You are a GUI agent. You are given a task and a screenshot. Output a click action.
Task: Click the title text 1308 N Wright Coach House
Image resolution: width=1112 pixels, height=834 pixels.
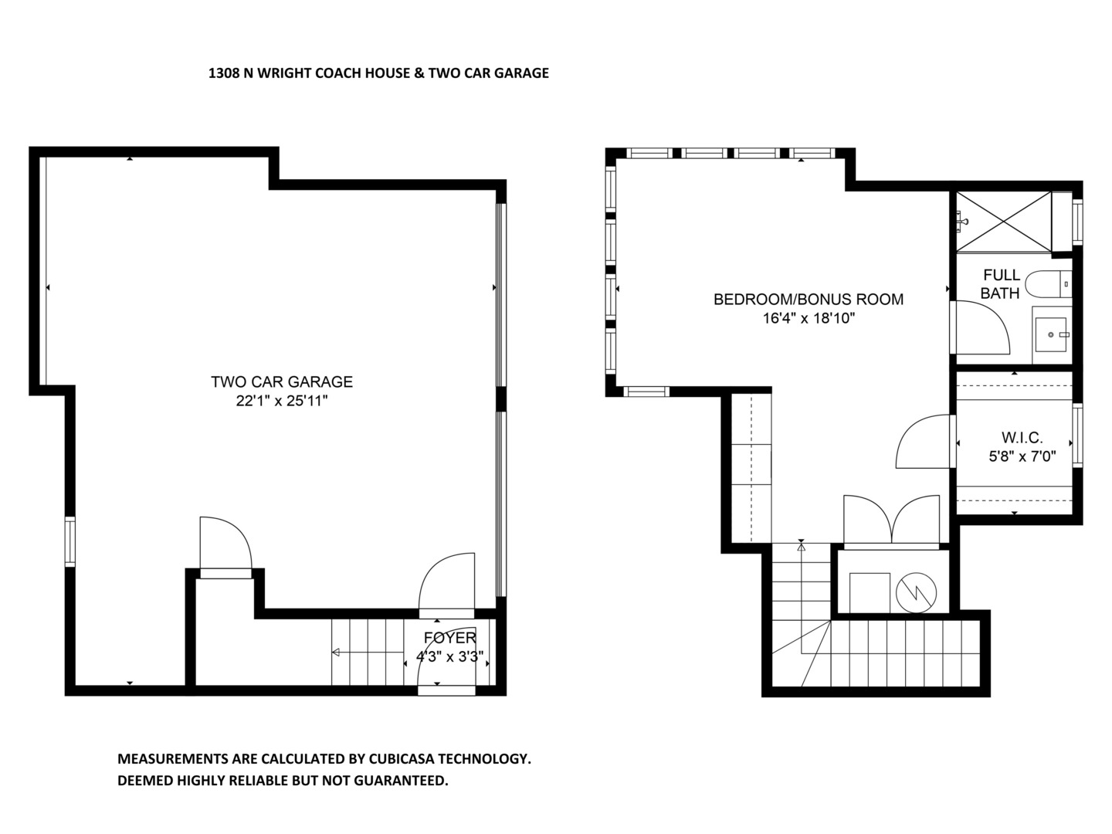(378, 73)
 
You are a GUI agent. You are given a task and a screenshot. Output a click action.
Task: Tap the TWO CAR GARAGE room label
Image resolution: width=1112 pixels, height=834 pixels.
(282, 381)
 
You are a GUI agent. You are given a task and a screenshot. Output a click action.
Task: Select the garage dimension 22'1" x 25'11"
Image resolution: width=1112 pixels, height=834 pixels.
(282, 402)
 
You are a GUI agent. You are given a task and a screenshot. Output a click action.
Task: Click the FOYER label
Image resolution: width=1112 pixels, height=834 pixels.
(450, 638)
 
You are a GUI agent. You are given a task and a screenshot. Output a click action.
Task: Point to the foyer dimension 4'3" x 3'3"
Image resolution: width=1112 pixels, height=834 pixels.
(450, 658)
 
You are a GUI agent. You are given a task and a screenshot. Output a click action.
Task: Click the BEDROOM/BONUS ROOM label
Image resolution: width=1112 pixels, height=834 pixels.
(808, 300)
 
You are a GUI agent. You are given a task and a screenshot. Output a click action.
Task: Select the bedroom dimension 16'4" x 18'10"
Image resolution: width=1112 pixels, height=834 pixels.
(808, 319)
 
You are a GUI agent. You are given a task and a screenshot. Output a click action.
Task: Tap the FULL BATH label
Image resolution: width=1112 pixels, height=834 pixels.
(1001, 284)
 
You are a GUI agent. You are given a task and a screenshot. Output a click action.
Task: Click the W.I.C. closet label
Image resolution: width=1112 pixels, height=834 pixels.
(1022, 438)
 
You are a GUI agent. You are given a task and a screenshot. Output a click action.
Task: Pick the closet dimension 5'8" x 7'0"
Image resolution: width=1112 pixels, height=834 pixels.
(1022, 456)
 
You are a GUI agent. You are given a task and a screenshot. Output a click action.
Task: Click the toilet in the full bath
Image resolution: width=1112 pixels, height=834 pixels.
(1053, 285)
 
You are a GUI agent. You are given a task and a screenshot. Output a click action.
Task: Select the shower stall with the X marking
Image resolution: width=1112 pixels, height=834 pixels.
(1003, 221)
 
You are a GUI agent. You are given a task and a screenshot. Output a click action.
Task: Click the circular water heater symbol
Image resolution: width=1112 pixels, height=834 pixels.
(916, 593)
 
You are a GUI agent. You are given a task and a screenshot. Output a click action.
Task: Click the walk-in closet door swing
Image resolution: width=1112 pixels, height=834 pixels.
(924, 441)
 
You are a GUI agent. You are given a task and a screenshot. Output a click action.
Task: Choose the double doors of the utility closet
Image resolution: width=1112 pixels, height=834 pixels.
(892, 521)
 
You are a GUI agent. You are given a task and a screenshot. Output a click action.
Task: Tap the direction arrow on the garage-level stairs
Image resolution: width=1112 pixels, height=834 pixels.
(337, 653)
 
